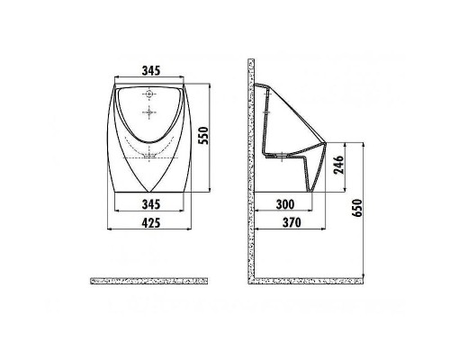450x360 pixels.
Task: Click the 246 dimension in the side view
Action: coord(338,166)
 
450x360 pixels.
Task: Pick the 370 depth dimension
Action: coord(290,223)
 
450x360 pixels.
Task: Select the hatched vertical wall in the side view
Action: coord(252,171)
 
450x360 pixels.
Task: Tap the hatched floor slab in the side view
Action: coord(310,281)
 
